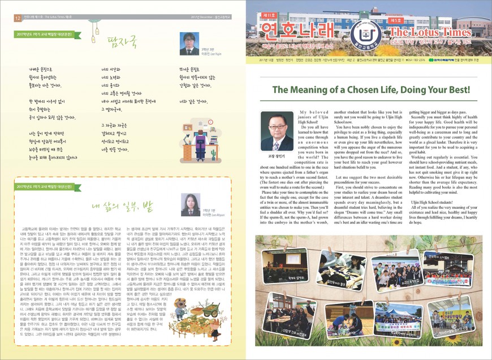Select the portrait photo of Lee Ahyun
pyautogui.click(x=184, y=202)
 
